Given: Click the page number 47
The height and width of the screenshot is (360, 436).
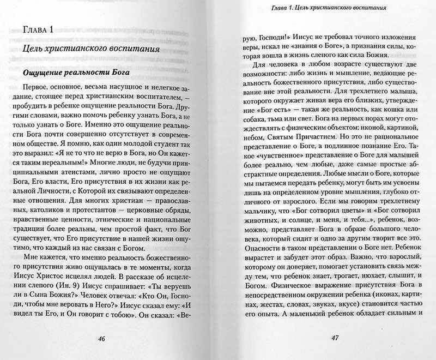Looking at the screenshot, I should tap(334, 336).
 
